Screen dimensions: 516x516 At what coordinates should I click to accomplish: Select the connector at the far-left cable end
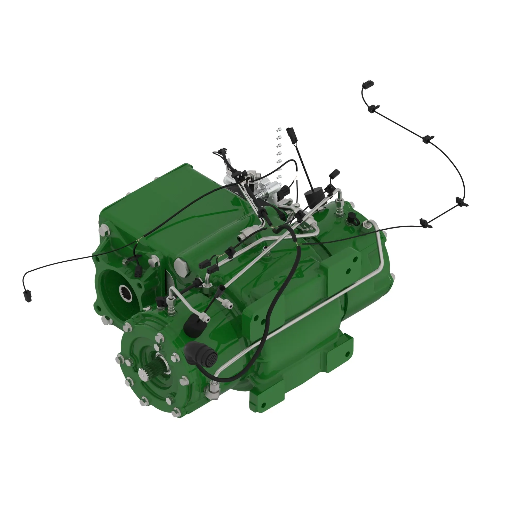pos(28,296)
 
